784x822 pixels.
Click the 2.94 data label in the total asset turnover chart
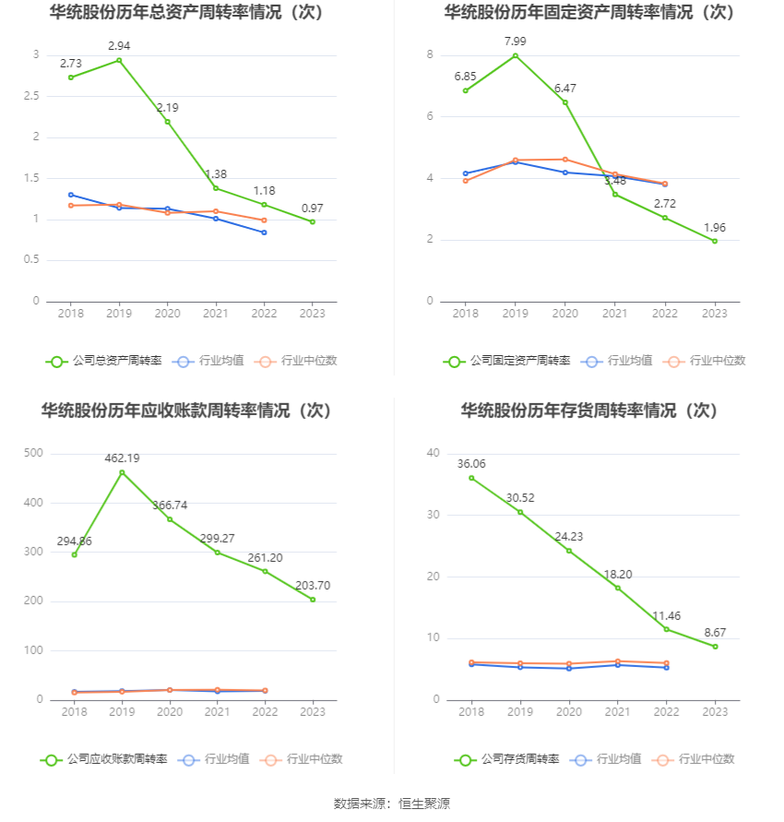point(119,45)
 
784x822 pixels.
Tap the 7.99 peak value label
point(515,41)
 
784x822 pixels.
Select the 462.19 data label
point(122,458)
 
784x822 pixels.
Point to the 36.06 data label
point(471,463)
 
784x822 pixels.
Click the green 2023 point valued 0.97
point(313,221)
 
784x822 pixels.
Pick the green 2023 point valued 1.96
point(715,241)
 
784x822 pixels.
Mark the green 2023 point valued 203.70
point(313,600)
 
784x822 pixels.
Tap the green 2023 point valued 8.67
point(715,646)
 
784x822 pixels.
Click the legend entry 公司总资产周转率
point(103,361)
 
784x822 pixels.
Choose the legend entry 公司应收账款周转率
point(103,759)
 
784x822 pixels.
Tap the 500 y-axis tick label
point(34,453)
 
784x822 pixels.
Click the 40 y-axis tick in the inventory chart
point(433,453)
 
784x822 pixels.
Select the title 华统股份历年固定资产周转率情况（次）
point(589,12)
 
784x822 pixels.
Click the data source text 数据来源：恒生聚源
point(391,804)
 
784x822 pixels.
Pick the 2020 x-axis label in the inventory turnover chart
point(568,711)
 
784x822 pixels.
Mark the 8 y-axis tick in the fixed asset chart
point(430,55)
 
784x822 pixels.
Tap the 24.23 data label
point(568,536)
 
